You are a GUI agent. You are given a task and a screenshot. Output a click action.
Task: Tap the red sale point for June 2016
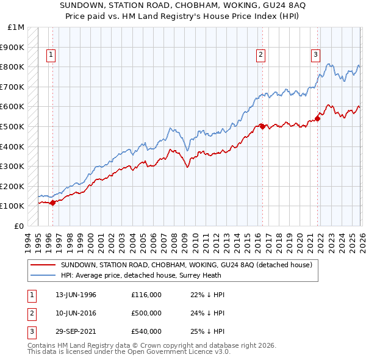262,126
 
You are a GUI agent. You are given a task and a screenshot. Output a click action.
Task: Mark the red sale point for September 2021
318,118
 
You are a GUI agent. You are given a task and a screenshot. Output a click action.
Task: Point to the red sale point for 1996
52,203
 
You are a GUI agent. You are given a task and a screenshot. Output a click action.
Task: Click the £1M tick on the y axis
16,27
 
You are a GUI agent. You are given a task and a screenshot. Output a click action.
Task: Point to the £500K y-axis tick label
13,126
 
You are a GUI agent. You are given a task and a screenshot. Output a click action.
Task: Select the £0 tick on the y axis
20,226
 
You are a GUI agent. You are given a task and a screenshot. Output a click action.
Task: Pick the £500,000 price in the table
146,313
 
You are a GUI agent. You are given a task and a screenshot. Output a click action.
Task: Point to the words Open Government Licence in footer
177,352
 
